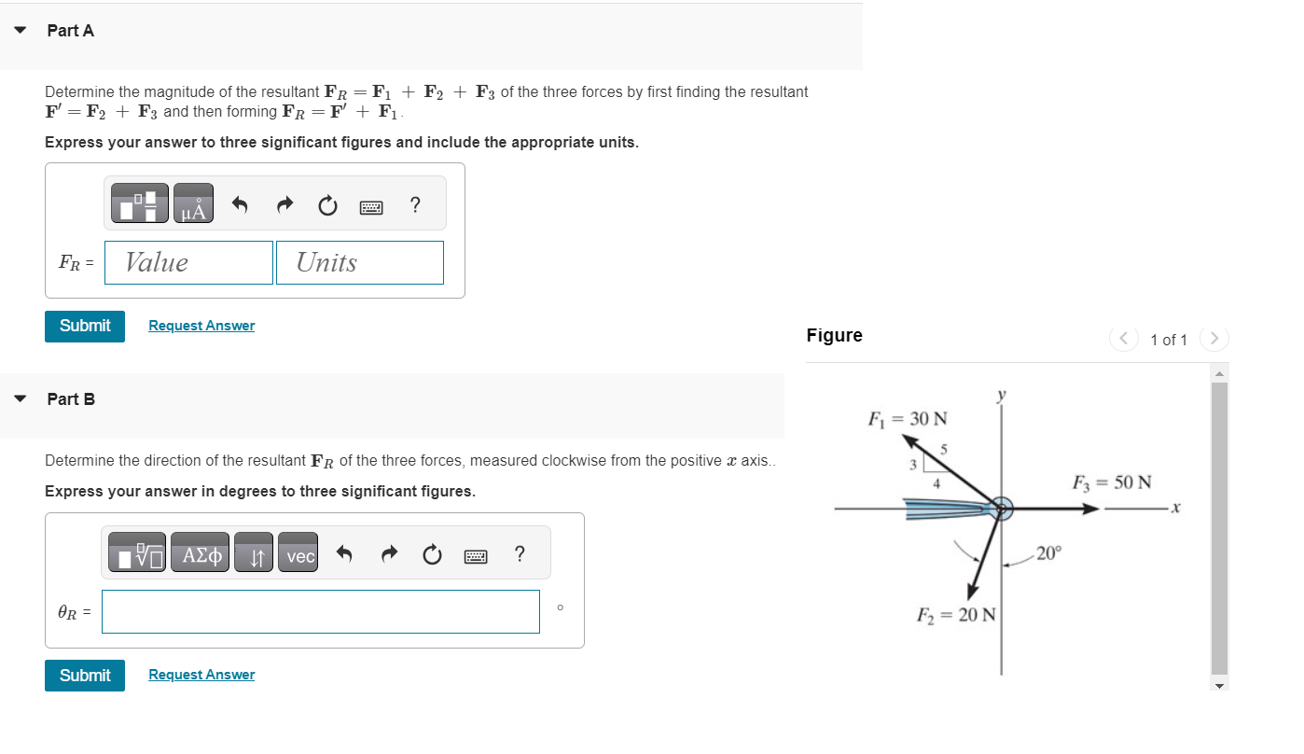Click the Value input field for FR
tap(188, 263)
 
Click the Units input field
tap(359, 263)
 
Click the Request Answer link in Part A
tap(201, 326)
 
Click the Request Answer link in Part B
tap(201, 675)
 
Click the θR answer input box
tap(320, 612)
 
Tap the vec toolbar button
tap(299, 556)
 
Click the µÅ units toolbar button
tap(193, 204)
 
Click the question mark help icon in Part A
tap(415, 204)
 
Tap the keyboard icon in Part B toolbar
tap(476, 556)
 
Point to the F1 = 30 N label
tap(908, 418)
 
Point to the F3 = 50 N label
tap(1112, 482)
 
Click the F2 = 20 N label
tap(956, 615)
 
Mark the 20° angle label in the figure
tap(1048, 553)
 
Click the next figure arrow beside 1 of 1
tap(1214, 339)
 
